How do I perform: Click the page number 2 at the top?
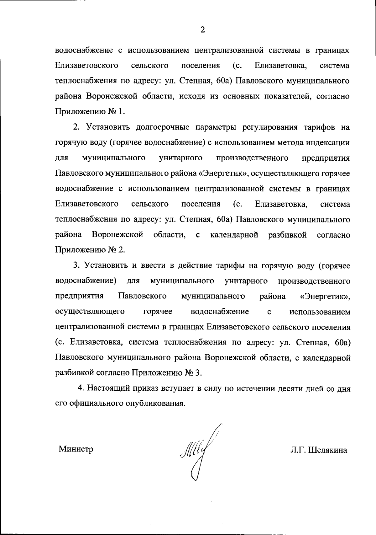[x=202, y=30]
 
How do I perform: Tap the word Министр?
[x=76, y=449]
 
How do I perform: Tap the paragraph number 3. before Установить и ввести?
[x=77, y=265]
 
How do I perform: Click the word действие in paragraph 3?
[x=195, y=265]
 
